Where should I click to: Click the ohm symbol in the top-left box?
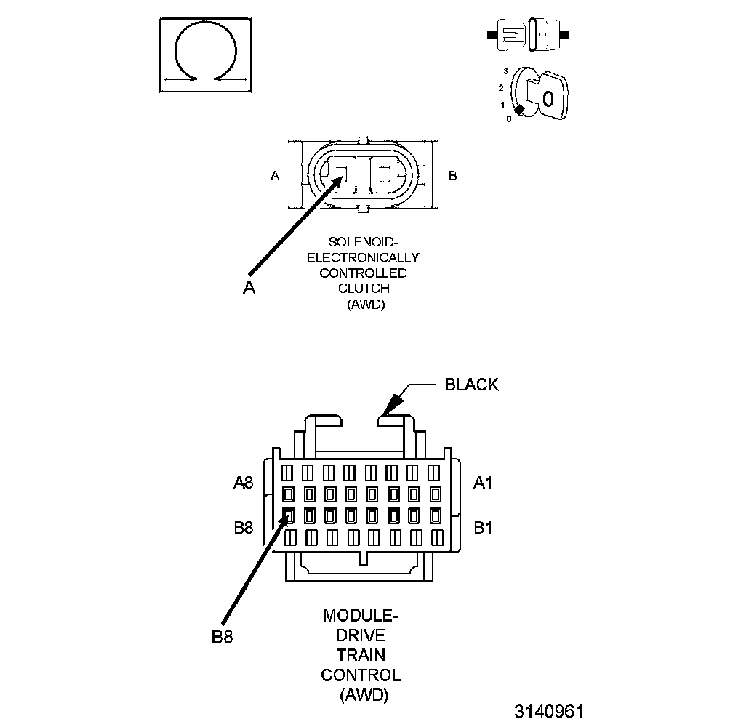207,55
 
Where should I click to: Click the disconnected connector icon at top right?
529,34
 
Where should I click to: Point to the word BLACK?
472,385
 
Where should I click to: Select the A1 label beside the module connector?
483,482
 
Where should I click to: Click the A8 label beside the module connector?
244,482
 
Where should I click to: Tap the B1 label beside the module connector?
483,527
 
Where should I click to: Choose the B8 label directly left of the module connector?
244,528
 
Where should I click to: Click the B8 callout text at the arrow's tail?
223,637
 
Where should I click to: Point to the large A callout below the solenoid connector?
249,288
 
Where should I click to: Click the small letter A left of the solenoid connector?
275,176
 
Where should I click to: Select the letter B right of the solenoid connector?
452,176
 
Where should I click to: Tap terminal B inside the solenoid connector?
384,176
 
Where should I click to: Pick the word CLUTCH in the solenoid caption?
364,289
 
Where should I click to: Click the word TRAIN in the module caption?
361,655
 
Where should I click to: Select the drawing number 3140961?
548,710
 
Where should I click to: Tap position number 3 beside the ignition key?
505,71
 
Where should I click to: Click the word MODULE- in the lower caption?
361,617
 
